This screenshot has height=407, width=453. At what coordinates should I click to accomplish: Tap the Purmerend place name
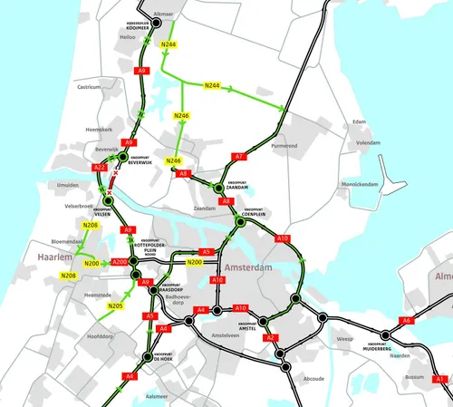tap(284, 145)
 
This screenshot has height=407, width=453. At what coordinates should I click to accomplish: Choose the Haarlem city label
tap(53, 258)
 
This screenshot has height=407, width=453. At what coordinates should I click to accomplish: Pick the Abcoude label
tap(313, 378)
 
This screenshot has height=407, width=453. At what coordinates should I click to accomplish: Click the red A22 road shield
tap(100, 169)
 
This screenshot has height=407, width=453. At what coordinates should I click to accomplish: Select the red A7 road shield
tap(239, 157)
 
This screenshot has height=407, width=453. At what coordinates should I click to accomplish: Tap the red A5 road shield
tap(207, 252)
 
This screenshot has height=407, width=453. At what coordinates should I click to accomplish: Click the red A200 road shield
tap(119, 263)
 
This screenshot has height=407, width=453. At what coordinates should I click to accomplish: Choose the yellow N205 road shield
tap(115, 306)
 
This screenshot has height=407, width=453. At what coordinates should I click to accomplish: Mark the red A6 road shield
tap(408, 320)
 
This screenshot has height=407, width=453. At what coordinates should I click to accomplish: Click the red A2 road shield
tap(270, 337)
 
